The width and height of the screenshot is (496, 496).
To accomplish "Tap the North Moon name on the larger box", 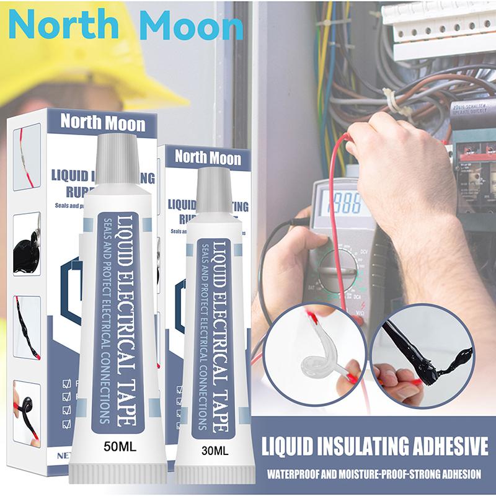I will tap(103, 122).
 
